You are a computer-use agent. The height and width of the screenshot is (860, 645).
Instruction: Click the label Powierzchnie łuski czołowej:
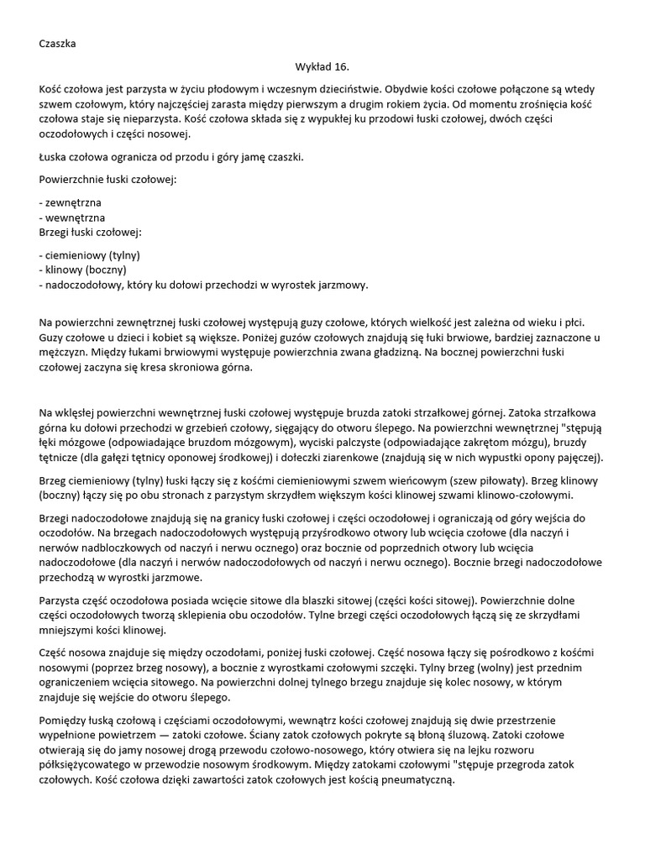tap(107, 179)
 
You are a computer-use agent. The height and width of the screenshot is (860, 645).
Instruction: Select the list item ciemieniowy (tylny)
tap(90, 254)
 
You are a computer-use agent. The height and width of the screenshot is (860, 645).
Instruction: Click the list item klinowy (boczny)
tap(83, 270)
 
